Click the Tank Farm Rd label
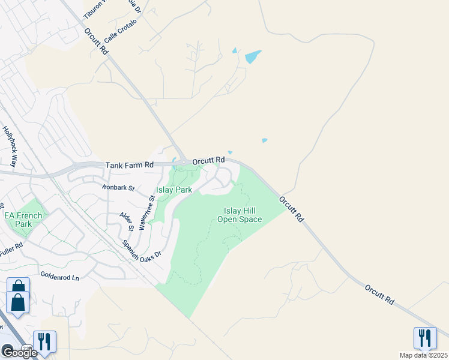tap(130, 164)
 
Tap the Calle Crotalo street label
tap(121, 30)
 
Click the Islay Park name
tap(174, 190)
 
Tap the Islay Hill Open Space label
tap(243, 215)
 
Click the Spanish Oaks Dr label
tap(142, 249)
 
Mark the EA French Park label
tap(23, 220)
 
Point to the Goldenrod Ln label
tap(59, 277)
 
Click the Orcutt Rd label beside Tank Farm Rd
tap(208, 160)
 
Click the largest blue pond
tap(253, 57)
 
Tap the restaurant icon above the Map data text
tap(424, 337)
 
